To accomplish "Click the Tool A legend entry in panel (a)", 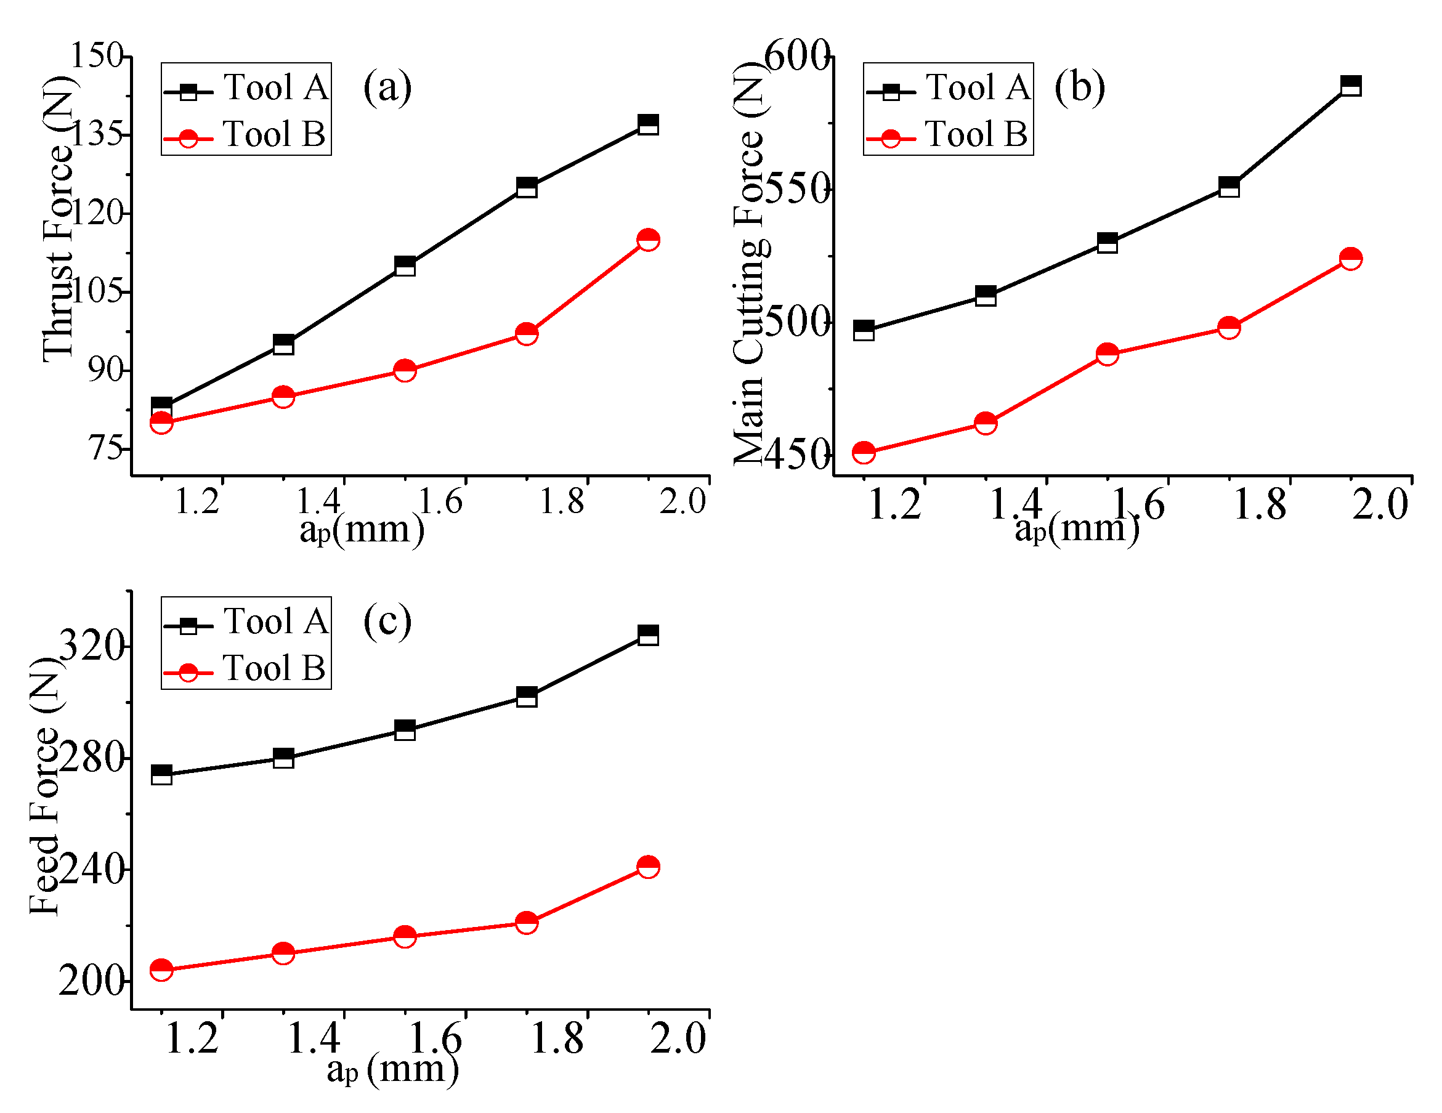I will [x=246, y=88].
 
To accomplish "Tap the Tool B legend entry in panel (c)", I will [x=246, y=669].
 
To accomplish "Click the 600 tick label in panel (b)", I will [x=796, y=55].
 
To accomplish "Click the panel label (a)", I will [x=387, y=86].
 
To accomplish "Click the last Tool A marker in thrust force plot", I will [x=649, y=124].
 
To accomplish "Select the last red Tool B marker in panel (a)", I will [x=649, y=240].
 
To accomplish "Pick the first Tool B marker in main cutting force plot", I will [x=864, y=452].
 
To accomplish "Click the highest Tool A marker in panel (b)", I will [x=1351, y=86].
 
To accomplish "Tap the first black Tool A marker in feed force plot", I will [x=162, y=774].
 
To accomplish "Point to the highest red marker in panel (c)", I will [x=649, y=866].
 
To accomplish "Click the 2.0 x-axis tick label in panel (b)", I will [x=1380, y=505].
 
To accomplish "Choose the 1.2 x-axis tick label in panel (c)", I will [x=192, y=1038].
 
